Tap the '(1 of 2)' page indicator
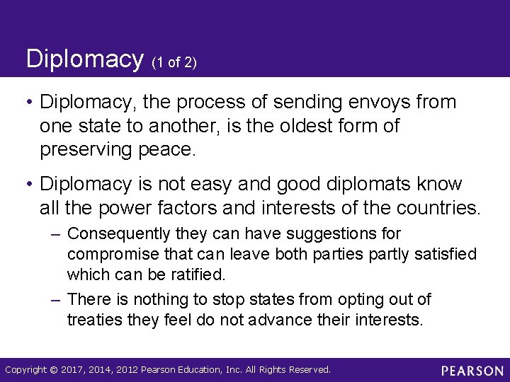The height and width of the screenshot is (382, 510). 174,63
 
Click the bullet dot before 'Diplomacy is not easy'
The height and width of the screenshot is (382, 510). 31,185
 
